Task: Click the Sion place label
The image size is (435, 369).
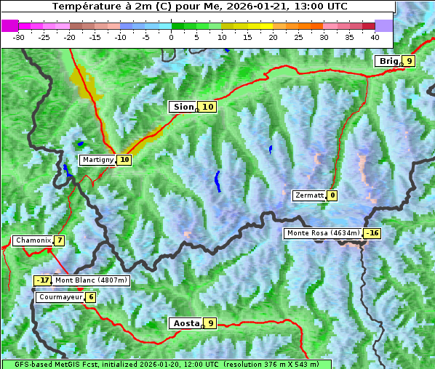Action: [183, 107]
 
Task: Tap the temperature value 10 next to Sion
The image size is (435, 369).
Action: [208, 107]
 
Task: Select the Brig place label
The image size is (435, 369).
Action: [388, 61]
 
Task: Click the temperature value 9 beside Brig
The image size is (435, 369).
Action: [410, 61]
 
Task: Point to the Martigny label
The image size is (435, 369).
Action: [97, 160]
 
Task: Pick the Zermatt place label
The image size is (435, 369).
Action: [308, 195]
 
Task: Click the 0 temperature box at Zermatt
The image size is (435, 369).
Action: [332, 195]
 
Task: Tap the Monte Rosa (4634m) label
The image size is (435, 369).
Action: [323, 233]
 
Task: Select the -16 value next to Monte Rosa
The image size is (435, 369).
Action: [372, 233]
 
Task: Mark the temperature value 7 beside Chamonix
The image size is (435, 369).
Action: [60, 240]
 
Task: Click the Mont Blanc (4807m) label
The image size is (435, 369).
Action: [91, 280]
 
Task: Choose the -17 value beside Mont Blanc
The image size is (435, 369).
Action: [43, 280]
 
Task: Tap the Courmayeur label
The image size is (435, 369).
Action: [60, 297]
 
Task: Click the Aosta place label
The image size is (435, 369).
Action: [185, 323]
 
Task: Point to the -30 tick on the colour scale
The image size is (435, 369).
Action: [19, 36]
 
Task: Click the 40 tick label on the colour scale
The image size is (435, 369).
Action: [375, 36]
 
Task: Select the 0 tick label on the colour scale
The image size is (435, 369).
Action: [172, 36]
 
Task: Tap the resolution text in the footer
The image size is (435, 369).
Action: [271, 364]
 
